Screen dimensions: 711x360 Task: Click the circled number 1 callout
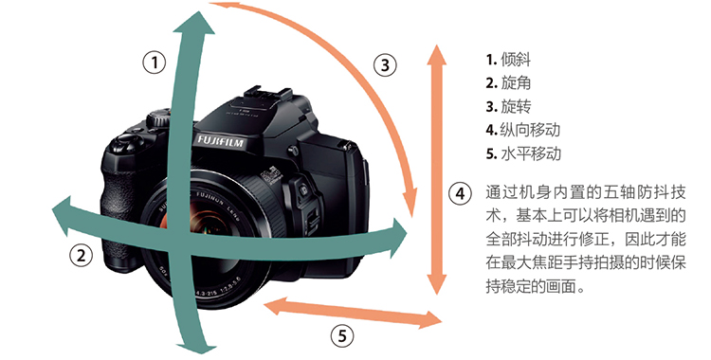coord(155,63)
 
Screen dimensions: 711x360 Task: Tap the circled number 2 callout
coord(81,256)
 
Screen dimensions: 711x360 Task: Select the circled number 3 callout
coord(385,64)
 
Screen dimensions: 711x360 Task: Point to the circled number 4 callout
coord(460,193)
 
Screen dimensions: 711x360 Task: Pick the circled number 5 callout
coord(341,336)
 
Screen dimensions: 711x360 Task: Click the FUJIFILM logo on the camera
coord(220,141)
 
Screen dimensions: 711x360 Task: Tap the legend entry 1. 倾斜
coord(508,60)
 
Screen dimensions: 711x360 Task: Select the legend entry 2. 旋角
coord(508,83)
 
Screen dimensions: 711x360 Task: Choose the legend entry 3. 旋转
coord(508,106)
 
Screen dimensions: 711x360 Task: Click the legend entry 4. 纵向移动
coord(522,130)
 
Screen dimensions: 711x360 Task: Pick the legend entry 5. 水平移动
coord(523,153)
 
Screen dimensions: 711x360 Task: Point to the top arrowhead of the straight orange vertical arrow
coord(437,53)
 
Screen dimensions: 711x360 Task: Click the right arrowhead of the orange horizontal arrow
coord(430,320)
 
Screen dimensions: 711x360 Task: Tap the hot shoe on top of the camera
coord(267,95)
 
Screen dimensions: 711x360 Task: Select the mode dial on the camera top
coord(158,117)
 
